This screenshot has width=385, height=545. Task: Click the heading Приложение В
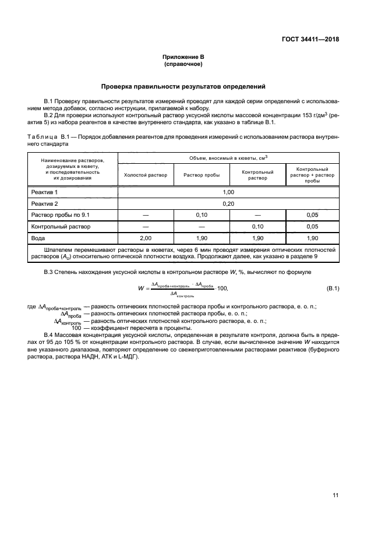pyautogui.click(x=183, y=57)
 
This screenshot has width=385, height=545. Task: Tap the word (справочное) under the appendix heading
pyautogui.click(x=183, y=64)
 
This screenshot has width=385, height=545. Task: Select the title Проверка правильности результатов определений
pyautogui.click(x=183, y=86)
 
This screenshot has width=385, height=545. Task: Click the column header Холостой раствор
pyautogui.click(x=146, y=175)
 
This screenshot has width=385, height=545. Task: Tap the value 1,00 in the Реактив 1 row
pyautogui.click(x=228, y=192)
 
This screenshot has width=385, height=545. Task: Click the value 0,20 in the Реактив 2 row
pyautogui.click(x=228, y=203)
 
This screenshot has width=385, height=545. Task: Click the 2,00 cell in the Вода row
pyautogui.click(x=146, y=238)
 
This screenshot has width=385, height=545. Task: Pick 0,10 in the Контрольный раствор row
pyautogui.click(x=257, y=226)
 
